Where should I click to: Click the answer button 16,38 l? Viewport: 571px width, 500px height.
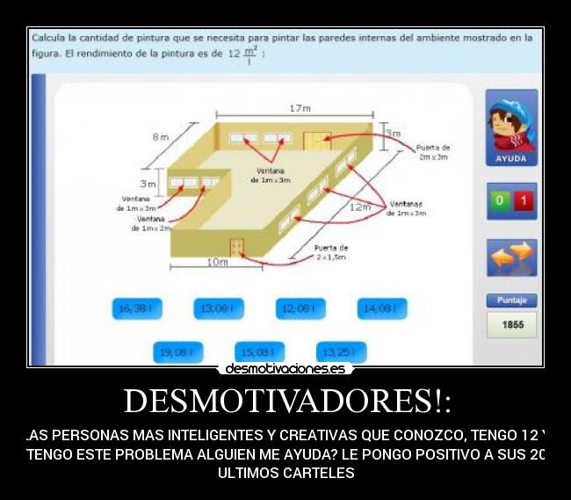point(137,308)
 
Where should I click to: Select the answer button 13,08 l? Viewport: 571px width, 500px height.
point(218,308)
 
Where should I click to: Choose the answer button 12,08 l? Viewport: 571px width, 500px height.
point(300,308)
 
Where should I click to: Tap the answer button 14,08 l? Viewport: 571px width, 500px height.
point(381,308)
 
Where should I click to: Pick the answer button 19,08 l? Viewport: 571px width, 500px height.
point(177,352)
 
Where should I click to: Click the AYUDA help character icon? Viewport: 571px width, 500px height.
point(510,128)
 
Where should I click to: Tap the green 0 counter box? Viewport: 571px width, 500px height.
point(500,200)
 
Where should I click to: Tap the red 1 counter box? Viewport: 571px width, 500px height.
point(524,200)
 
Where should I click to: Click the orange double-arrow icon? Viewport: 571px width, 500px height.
point(511,256)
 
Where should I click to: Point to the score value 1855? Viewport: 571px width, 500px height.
point(512,324)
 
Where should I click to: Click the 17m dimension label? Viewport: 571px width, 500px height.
point(300,108)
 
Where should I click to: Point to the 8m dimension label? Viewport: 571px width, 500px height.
point(160,137)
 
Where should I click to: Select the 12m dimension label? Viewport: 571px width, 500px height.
point(360,207)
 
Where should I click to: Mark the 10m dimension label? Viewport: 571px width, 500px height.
point(216,262)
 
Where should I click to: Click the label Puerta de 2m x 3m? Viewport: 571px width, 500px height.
point(432,152)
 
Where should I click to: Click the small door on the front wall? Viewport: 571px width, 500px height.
point(235,247)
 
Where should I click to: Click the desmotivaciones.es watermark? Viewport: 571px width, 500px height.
point(285,369)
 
